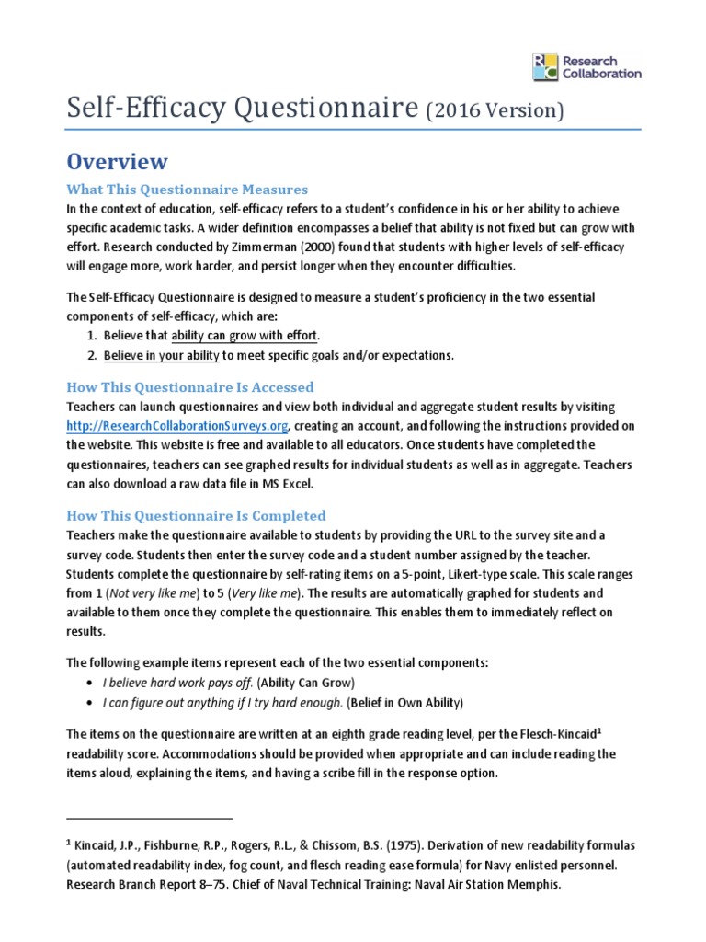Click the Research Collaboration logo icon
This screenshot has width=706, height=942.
point(545,66)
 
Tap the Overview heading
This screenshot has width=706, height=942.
point(117,162)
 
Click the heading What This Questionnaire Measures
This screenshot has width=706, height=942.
point(187,190)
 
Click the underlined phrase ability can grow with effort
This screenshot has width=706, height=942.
point(245,335)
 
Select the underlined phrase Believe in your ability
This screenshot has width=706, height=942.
point(161,355)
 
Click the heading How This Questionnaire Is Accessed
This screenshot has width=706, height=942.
point(190,386)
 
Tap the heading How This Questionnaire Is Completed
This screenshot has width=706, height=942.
point(196,515)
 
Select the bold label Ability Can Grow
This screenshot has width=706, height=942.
point(305,683)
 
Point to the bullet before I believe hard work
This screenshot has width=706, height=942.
point(87,683)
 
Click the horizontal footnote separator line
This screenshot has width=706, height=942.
point(150,817)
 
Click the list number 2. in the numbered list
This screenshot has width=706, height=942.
point(91,355)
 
